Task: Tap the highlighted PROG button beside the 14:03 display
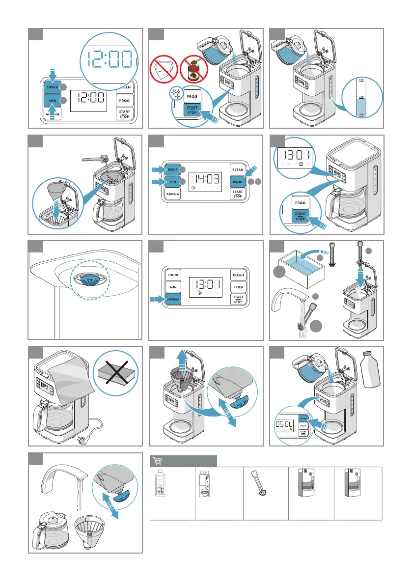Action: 238,181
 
